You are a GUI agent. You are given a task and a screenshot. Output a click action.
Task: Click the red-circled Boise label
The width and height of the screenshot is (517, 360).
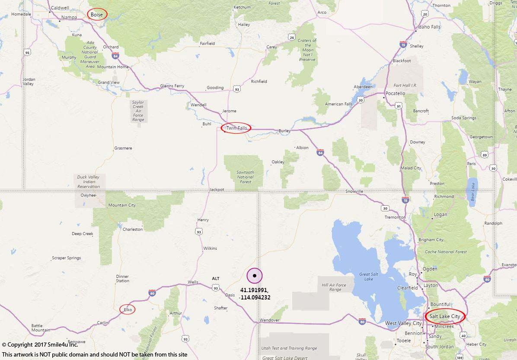97,15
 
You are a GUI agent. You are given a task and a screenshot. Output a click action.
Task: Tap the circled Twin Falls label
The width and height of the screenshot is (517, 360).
236,128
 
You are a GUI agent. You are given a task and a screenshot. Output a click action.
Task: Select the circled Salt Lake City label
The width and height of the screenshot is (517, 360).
445,316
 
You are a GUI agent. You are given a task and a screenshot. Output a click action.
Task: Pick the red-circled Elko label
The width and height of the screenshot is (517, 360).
128,309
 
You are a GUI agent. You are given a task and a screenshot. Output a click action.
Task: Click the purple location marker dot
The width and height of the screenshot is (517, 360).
255,276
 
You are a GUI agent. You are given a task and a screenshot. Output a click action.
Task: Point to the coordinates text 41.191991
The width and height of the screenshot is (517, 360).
254,290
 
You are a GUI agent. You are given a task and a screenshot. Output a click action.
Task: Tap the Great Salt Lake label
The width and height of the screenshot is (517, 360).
366,277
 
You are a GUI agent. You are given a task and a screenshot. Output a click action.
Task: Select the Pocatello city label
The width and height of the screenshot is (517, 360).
395,93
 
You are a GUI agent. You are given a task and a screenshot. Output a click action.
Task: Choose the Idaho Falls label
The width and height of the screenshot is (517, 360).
428,27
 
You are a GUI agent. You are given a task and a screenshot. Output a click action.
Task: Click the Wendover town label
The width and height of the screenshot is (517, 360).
269,320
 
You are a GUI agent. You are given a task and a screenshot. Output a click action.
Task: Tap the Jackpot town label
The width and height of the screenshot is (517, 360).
216,190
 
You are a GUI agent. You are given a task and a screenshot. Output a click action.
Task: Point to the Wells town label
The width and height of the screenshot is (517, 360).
193,282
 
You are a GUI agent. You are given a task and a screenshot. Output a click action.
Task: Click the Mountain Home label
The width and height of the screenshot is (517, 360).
113,67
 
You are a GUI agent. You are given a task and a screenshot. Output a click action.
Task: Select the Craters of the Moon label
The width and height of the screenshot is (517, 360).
307,50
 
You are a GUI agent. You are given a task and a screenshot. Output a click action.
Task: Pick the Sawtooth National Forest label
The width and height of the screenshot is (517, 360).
245,177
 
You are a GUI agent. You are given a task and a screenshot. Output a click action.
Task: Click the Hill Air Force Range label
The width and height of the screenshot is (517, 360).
334,287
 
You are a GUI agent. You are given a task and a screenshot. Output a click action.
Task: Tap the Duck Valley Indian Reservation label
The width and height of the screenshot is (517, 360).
88,182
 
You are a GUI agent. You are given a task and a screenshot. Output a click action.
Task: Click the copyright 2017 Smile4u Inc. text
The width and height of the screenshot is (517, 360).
40,345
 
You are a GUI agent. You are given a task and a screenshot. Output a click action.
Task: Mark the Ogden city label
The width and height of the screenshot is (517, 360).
430,269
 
